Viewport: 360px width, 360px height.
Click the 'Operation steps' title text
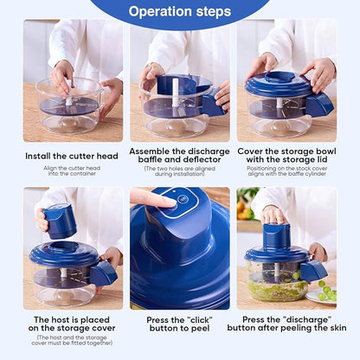click(179, 12)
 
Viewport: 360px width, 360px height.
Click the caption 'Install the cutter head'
click(73, 156)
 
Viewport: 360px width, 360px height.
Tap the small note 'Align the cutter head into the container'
click(73, 170)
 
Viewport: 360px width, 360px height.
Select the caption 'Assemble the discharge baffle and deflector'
click(179, 156)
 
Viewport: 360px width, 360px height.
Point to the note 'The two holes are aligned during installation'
click(179, 171)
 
